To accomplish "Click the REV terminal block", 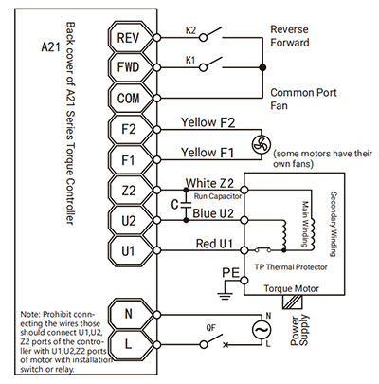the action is point(129,38).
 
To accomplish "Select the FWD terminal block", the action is point(129,67).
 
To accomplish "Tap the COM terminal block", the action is point(129,98).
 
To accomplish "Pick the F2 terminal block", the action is point(129,129).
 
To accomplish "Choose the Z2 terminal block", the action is point(129,191).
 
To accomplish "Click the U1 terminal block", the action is point(129,251).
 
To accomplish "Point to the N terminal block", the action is point(129,314).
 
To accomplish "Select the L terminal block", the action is point(129,344).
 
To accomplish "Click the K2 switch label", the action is point(190,30).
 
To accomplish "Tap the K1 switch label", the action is point(190,60).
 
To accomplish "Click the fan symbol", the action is point(262,145).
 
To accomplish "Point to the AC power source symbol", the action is point(262,330).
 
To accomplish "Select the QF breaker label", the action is point(210,328).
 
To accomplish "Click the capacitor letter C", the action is point(174,205).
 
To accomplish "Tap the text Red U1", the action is point(214,244).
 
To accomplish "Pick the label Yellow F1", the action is point(208,153).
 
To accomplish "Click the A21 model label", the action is point(50,47).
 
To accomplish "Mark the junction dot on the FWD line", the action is point(262,67).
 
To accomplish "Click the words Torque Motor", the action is point(291,288).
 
